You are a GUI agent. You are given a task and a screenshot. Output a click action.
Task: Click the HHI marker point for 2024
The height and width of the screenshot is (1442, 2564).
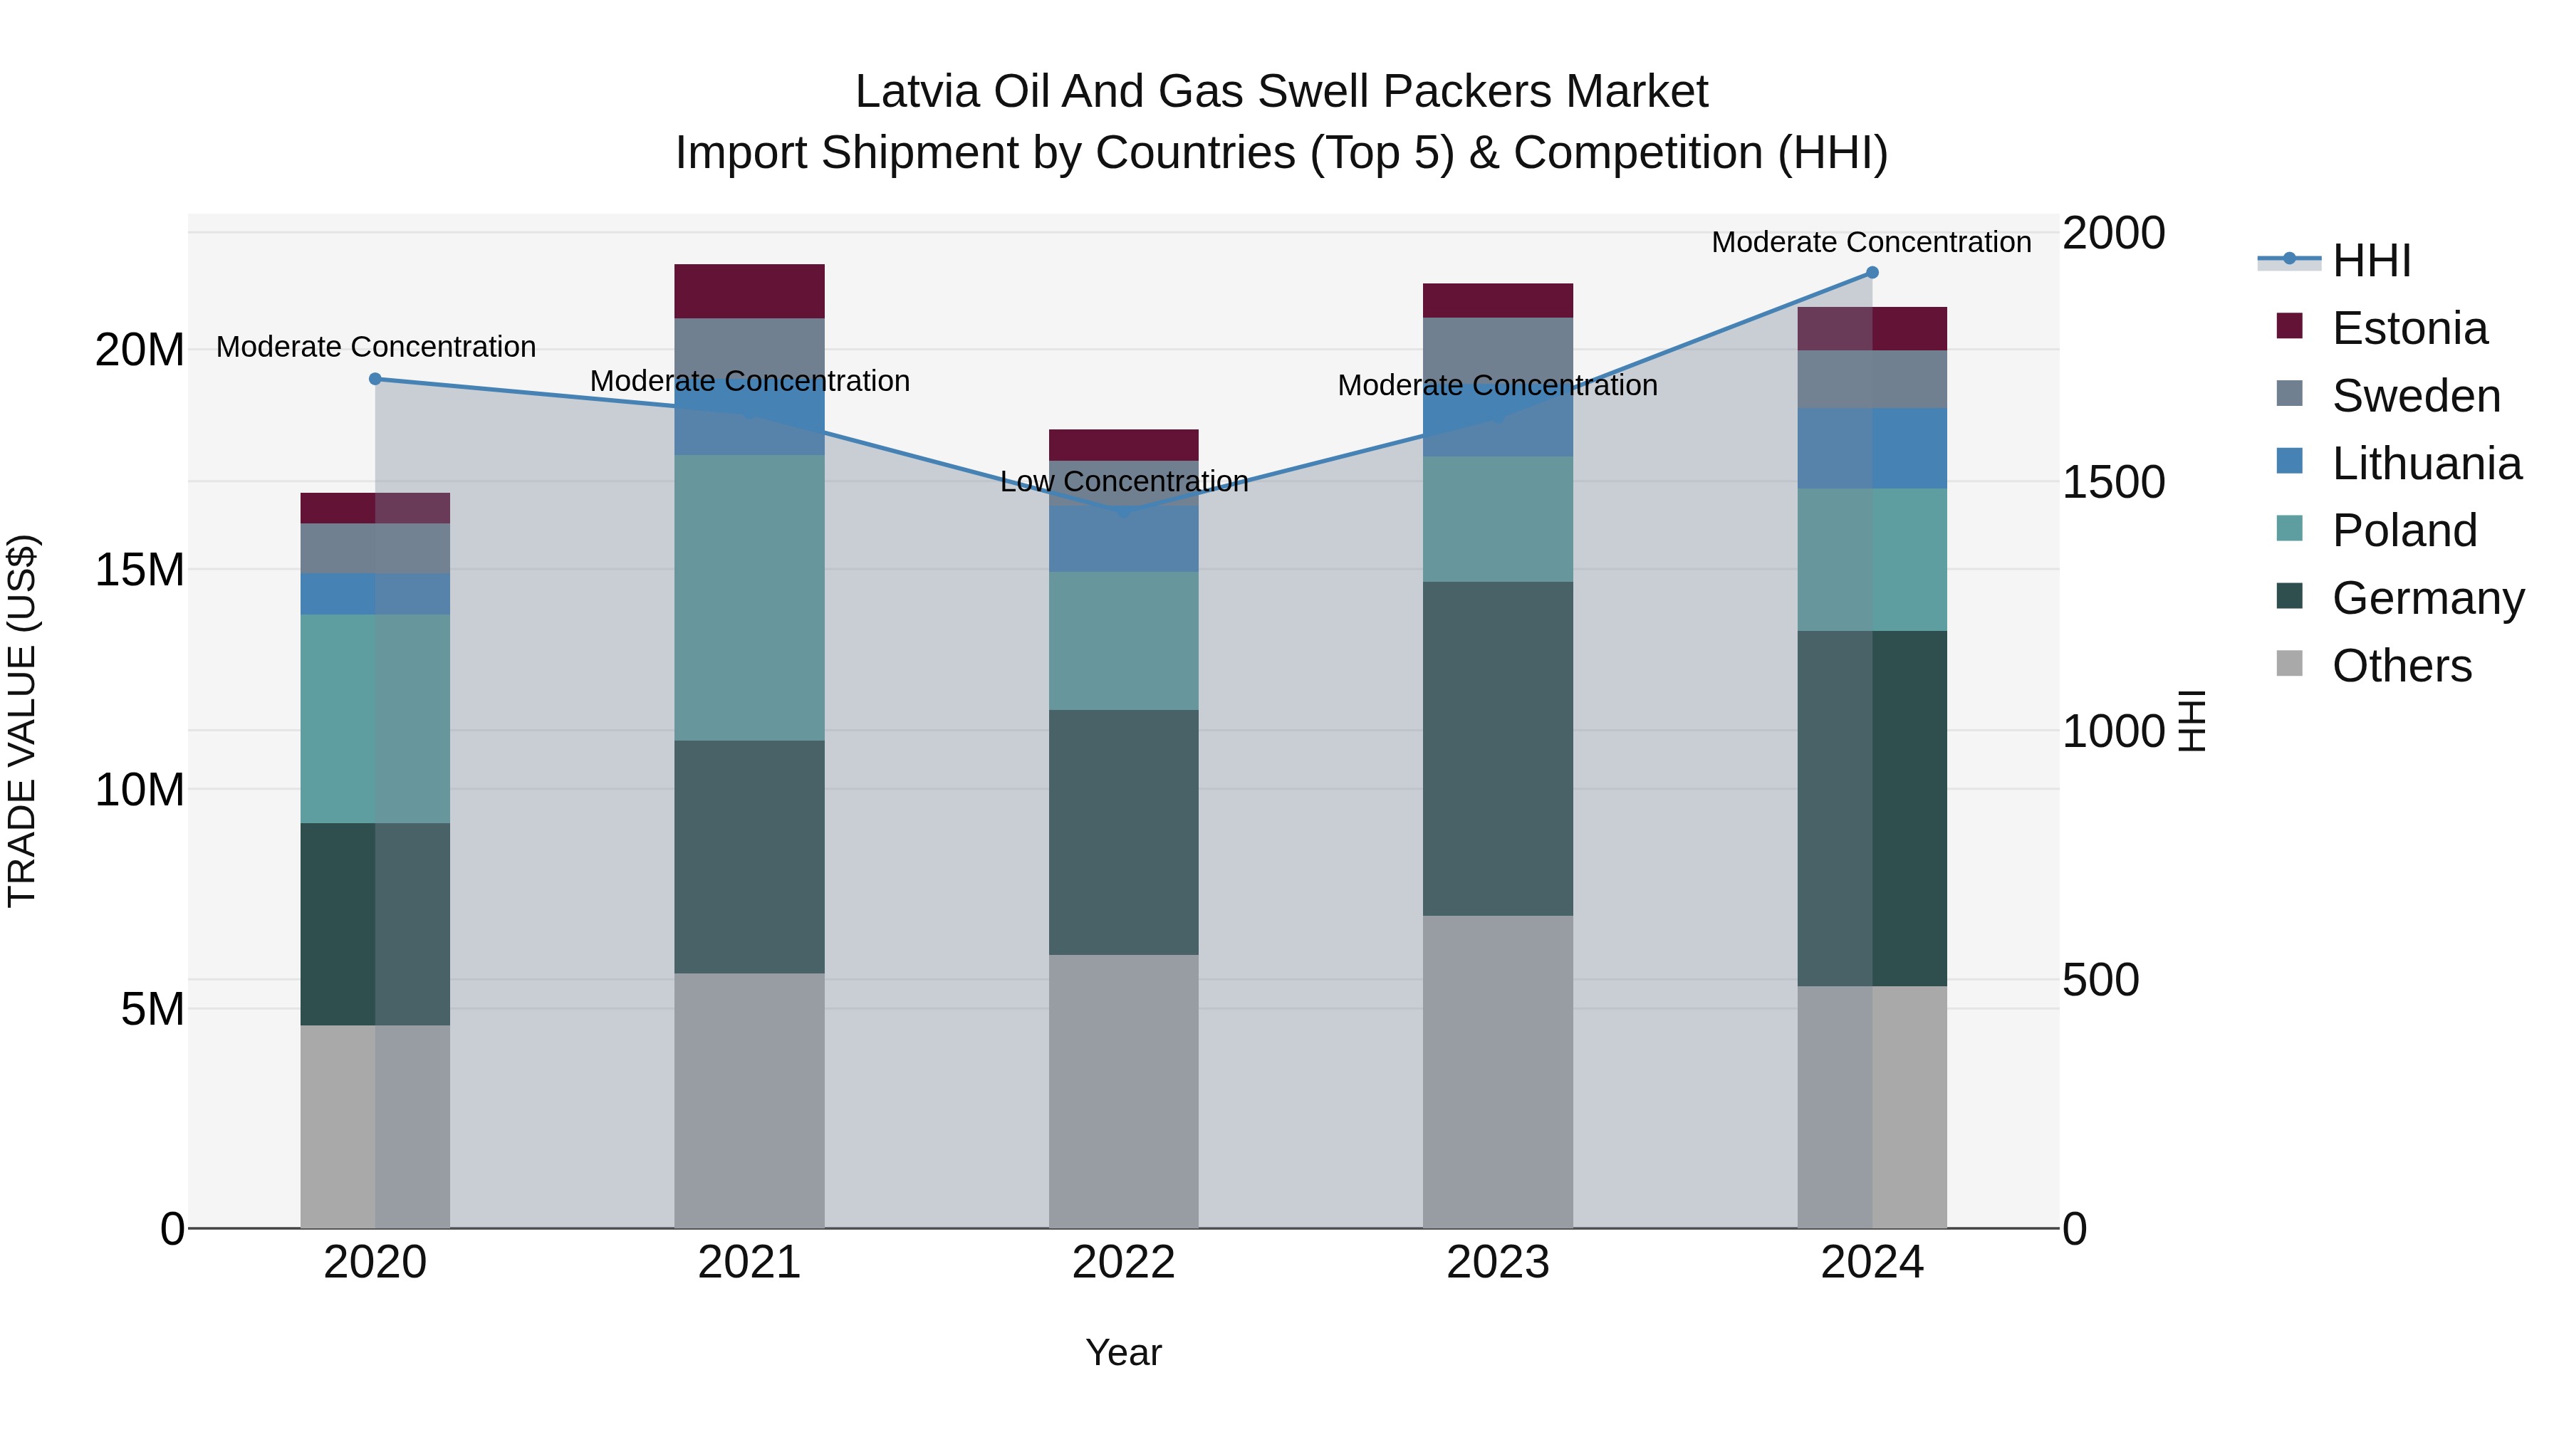click(x=1871, y=272)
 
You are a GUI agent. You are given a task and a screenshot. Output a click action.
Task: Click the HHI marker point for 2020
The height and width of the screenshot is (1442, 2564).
click(x=375, y=378)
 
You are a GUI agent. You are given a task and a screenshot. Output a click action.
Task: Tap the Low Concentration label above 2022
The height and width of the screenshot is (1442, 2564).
click(x=1124, y=481)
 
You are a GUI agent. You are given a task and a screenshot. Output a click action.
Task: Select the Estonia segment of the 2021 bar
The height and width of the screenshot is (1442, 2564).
click(x=749, y=291)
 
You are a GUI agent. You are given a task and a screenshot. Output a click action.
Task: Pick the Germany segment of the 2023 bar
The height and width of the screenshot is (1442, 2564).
click(x=1497, y=748)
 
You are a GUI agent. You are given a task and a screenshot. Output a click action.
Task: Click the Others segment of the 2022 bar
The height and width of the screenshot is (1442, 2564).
click(x=1124, y=1091)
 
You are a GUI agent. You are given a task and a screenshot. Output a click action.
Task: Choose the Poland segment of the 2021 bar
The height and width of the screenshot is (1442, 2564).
click(x=749, y=597)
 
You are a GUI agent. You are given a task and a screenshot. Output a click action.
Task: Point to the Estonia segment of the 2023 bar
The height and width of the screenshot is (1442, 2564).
click(x=1497, y=301)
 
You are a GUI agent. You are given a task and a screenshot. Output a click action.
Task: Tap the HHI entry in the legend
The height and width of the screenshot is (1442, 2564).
click(x=2371, y=261)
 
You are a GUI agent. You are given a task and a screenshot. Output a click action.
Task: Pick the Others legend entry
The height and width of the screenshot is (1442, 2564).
click(x=2401, y=666)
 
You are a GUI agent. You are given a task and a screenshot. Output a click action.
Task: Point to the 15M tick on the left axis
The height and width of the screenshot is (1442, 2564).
click(x=140, y=570)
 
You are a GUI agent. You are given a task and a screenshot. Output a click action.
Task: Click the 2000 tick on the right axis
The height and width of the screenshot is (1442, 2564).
click(x=2113, y=234)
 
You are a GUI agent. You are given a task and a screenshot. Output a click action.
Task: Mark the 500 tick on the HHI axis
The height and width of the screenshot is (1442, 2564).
click(x=2100, y=981)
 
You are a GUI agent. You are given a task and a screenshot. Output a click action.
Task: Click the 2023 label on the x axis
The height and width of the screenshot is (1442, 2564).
click(x=1497, y=1263)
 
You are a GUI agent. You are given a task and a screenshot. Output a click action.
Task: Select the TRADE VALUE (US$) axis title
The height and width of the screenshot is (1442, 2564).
click(x=22, y=721)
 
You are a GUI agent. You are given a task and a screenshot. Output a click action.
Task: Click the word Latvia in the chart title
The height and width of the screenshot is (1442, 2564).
click(x=917, y=92)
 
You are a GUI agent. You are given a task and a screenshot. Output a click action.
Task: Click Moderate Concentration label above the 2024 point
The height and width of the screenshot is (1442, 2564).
click(x=1871, y=242)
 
